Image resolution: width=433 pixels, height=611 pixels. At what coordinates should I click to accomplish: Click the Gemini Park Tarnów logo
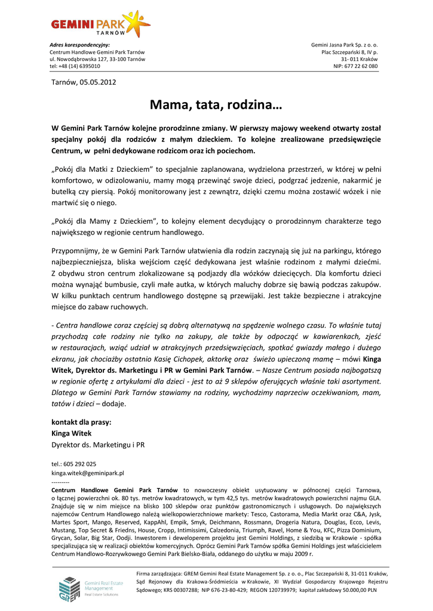tap(100, 24)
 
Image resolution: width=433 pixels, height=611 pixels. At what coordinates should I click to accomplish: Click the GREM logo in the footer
tap(70, 588)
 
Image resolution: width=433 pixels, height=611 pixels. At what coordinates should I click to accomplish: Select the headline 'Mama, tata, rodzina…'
tap(216, 106)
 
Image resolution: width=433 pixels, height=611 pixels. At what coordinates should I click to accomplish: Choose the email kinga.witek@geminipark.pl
tap(88, 473)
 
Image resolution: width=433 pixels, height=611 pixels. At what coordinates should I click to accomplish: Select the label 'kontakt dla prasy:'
tap(82, 422)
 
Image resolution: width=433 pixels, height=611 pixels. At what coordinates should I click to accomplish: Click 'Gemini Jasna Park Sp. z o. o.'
tap(345, 45)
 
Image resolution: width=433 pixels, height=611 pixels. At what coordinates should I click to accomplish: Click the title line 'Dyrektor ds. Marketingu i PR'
tap(98, 445)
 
